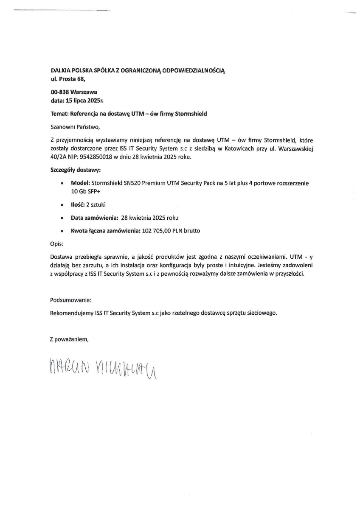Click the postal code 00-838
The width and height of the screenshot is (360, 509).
(x=60, y=91)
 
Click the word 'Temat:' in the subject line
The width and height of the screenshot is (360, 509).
(x=59, y=114)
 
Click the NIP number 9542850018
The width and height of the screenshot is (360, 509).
(x=96, y=156)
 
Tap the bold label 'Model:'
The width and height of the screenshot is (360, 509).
(x=79, y=183)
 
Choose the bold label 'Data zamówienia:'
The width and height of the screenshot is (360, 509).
(x=94, y=218)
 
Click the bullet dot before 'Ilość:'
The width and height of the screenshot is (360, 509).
(x=62, y=205)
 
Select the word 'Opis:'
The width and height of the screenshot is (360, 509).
(x=57, y=244)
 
